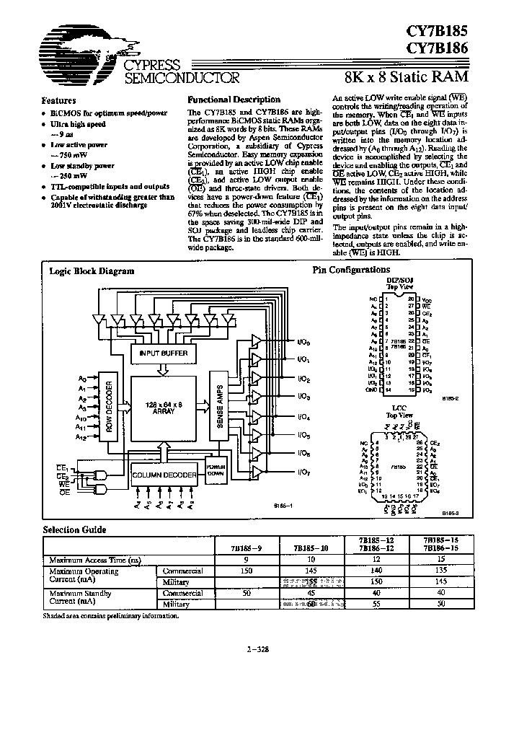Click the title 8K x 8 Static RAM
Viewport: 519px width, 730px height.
point(408,74)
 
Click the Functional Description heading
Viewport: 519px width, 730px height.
point(234,100)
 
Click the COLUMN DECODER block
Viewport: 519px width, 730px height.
point(164,475)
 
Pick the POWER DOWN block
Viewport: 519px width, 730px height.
point(216,467)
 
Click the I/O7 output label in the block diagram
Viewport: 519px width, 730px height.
point(303,472)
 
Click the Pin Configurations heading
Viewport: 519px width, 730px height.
point(350,270)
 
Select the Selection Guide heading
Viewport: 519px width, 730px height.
point(74,530)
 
